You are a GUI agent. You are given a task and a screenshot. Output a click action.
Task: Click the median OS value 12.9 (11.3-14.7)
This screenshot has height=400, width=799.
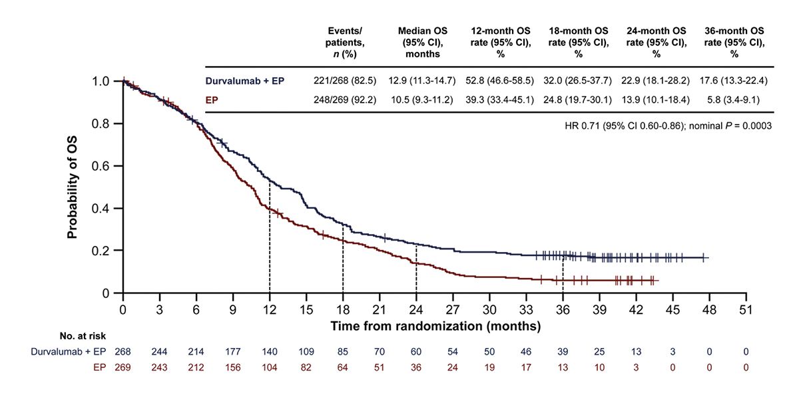coord(423,81)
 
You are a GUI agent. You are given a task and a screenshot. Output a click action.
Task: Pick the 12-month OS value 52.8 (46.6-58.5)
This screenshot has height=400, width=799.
coord(501,81)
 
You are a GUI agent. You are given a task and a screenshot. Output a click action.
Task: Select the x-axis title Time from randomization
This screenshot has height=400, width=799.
coord(435,327)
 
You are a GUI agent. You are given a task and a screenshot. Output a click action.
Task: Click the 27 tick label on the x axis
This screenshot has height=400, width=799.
coord(453,310)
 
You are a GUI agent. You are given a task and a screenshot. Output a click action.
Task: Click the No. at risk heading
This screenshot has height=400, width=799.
coord(83,337)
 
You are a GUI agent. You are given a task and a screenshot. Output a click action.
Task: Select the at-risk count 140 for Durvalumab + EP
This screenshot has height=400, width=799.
coord(270,351)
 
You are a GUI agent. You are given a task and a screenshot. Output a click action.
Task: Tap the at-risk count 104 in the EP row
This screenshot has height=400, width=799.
coord(270,367)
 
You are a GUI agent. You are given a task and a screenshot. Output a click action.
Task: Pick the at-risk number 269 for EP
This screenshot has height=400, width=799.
coord(123,367)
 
